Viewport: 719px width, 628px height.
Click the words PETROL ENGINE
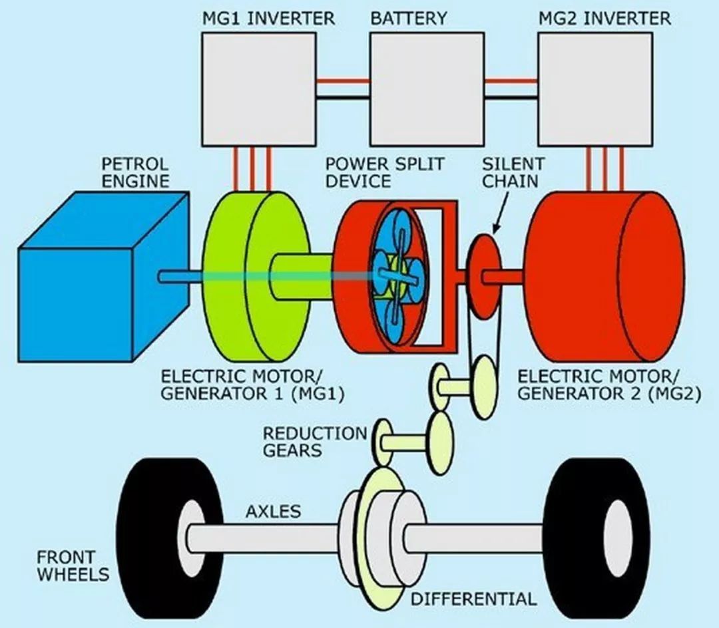pos(134,172)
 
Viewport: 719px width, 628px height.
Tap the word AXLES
pos(273,512)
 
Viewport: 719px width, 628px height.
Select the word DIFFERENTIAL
pos(473,599)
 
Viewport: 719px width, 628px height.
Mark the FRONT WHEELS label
pos(73,565)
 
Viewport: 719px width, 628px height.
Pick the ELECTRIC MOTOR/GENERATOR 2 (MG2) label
pos(608,384)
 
